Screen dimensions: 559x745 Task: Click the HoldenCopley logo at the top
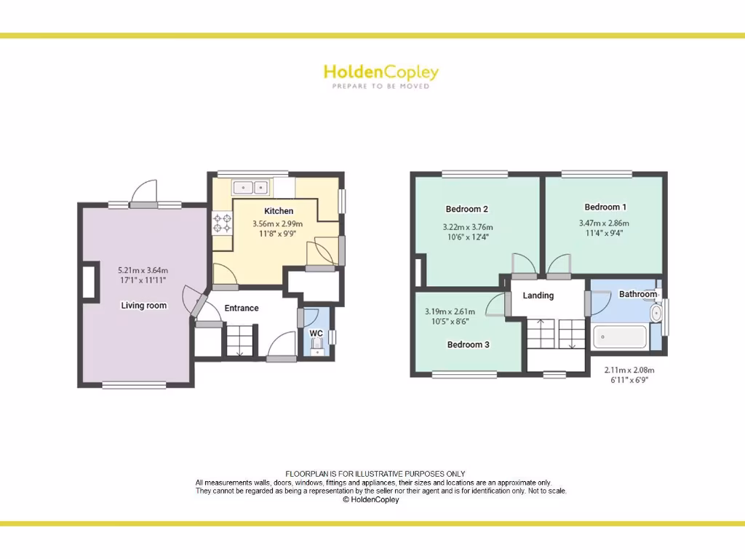tap(381, 72)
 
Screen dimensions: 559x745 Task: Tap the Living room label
tap(143, 306)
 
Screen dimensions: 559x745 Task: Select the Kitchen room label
tap(279, 211)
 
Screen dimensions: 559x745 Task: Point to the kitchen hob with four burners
tap(221, 223)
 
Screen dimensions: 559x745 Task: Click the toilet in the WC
tap(316, 350)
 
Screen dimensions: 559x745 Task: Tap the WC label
tap(316, 333)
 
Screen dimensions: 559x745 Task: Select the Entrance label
tap(242, 308)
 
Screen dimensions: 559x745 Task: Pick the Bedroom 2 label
tap(465, 209)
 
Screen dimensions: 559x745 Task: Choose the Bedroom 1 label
tap(605, 207)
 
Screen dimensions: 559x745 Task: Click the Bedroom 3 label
tap(468, 344)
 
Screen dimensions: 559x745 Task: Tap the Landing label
tap(538, 296)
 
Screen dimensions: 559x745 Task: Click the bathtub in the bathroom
tap(620, 337)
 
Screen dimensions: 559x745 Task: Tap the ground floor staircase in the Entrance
tap(240, 341)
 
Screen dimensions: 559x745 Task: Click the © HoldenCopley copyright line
tap(371, 499)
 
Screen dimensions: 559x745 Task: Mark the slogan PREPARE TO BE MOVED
tap(381, 86)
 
